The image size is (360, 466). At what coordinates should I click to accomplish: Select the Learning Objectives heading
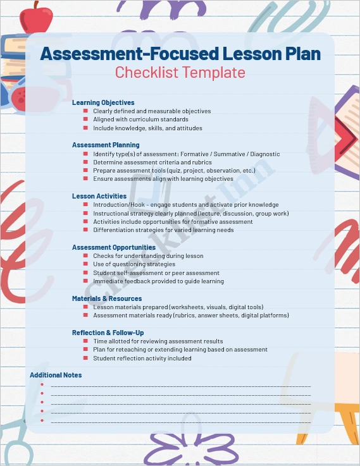click(x=103, y=102)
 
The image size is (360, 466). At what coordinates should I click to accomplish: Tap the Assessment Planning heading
click(x=106, y=145)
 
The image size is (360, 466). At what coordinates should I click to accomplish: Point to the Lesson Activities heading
click(x=99, y=196)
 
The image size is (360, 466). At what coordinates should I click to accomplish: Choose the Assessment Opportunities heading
click(x=114, y=247)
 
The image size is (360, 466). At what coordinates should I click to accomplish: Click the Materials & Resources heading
click(x=106, y=298)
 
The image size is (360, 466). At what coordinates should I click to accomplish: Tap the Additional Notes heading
click(x=56, y=375)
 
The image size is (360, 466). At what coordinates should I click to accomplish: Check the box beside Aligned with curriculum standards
click(x=85, y=120)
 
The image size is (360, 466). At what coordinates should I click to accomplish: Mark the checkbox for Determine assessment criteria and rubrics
click(x=85, y=162)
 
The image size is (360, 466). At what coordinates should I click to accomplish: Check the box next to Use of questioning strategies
click(x=85, y=264)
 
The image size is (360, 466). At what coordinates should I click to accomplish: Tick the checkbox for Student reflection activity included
click(x=85, y=358)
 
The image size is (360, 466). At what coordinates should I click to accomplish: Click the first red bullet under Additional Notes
click(x=42, y=384)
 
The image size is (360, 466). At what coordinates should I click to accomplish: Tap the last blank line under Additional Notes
click(x=180, y=421)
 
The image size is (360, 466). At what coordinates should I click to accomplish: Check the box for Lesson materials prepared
click(x=85, y=307)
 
